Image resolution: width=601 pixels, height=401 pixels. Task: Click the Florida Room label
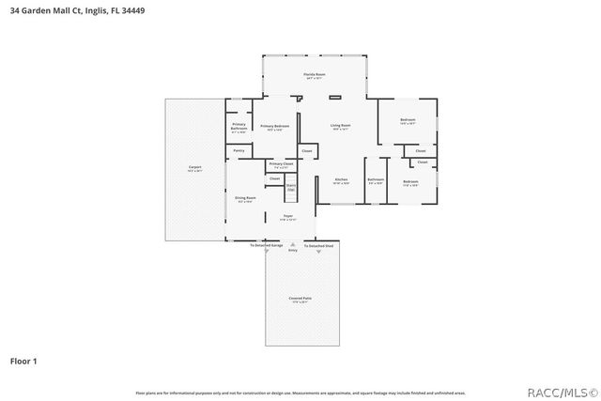tap(314, 75)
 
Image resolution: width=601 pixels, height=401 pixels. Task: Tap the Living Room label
tap(340, 127)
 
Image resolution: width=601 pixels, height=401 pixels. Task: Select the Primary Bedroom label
tap(275, 127)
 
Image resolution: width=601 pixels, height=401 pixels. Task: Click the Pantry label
tap(239, 150)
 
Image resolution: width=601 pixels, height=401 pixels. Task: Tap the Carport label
tap(194, 168)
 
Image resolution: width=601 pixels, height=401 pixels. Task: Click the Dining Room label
tap(245, 199)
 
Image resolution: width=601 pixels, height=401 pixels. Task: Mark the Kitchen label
tap(342, 180)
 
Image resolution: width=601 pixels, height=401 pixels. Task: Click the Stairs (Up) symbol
tap(291, 188)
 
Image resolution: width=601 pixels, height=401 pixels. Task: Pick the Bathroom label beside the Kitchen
tap(376, 180)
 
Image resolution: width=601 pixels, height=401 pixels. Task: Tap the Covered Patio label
tap(300, 300)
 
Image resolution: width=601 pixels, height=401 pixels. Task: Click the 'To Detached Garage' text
tap(266, 245)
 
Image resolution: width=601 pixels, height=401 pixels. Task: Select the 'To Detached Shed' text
tap(319, 245)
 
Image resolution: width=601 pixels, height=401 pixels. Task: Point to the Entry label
tap(293, 251)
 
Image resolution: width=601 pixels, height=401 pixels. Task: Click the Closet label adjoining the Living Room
tap(306, 150)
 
